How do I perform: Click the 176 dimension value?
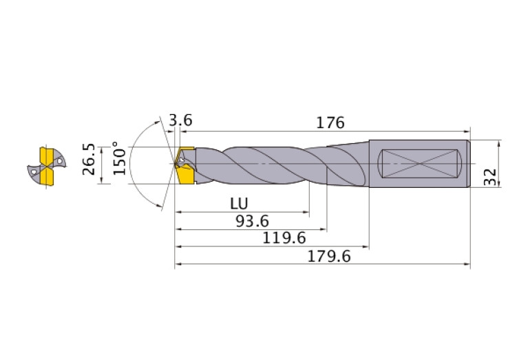pyautogui.click(x=330, y=123)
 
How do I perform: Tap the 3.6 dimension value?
pyautogui.click(x=180, y=120)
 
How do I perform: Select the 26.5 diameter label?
pyautogui.click(x=89, y=159)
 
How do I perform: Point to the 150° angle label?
pyautogui.click(x=119, y=158)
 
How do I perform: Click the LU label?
pyautogui.click(x=239, y=204)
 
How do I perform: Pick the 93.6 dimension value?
pyautogui.click(x=252, y=221)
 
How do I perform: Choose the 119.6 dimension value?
pyautogui.click(x=284, y=238)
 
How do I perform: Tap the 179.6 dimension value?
pyautogui.click(x=329, y=257)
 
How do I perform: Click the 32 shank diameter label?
pyautogui.click(x=490, y=177)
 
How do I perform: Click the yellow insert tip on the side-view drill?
pyautogui.click(x=184, y=165)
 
